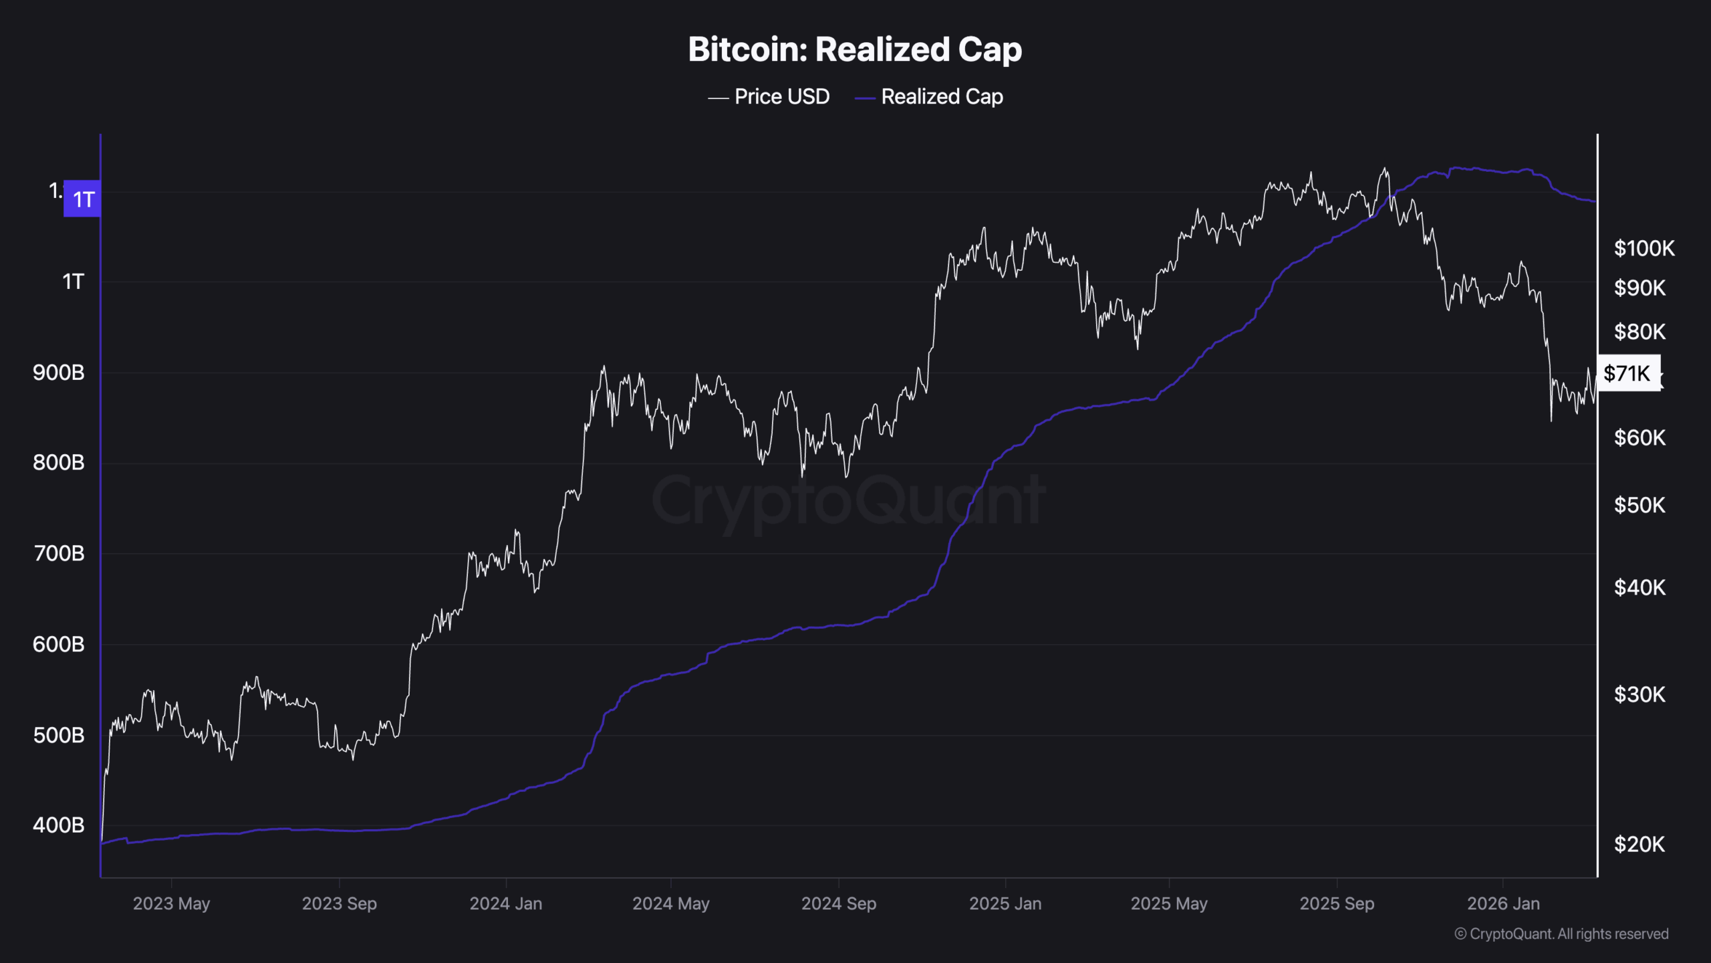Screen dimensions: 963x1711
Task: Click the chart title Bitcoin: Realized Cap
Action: [855, 49]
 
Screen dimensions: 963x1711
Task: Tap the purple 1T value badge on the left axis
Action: [82, 199]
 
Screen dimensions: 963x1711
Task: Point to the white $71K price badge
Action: [1627, 373]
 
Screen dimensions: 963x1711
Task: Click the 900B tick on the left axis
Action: [59, 372]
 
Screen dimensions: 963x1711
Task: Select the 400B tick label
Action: [59, 825]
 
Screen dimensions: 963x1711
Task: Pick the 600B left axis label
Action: [59, 644]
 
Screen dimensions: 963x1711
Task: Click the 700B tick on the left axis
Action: [59, 553]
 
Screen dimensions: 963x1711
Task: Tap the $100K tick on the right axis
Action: [1643, 248]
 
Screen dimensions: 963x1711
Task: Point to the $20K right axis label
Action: [1639, 844]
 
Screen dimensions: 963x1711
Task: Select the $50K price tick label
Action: [1639, 505]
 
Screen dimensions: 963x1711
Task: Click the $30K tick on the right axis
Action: [1639, 695]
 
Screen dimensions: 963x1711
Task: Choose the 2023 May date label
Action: [171, 903]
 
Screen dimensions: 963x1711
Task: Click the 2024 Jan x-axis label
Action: [505, 903]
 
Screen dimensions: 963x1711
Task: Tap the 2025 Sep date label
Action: [1336, 903]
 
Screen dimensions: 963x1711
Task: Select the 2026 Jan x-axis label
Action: [1502, 903]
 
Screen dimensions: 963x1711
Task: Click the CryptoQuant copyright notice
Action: [1561, 934]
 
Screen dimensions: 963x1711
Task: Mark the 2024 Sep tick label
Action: [838, 903]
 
